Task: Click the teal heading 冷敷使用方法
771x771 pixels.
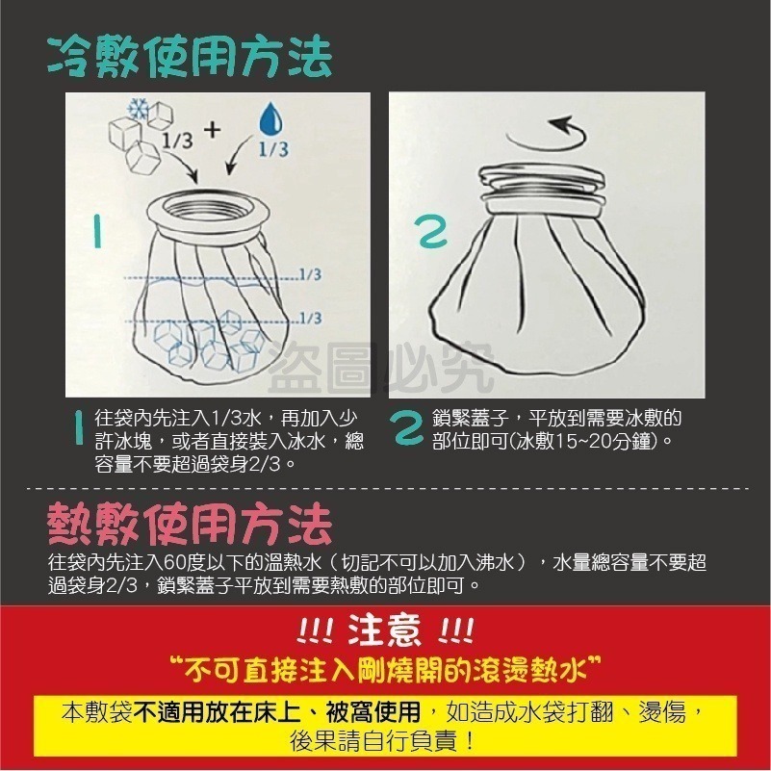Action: (x=190, y=57)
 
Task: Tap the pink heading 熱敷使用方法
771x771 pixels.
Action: (x=190, y=526)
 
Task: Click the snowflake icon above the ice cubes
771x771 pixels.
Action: (x=137, y=108)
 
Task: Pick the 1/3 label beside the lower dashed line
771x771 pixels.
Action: (x=310, y=318)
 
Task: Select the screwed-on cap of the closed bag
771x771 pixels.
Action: (x=544, y=190)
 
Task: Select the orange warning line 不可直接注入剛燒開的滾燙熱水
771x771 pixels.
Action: (x=385, y=666)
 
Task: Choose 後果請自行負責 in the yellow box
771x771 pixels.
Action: (x=385, y=741)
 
